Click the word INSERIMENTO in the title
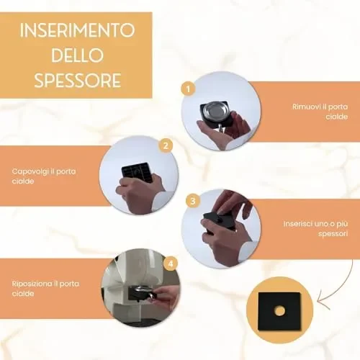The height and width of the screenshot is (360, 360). (x=77, y=30)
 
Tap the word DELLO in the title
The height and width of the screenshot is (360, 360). (x=77, y=55)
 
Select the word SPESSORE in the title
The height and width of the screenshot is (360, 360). (x=78, y=80)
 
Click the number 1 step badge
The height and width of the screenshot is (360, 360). (x=188, y=89)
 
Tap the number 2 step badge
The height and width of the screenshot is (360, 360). (x=166, y=145)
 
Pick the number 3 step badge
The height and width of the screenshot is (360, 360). (x=193, y=201)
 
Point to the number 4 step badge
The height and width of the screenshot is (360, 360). (x=171, y=264)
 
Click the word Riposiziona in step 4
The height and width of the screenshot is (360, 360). (x=32, y=284)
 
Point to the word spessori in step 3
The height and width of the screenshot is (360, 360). (x=333, y=234)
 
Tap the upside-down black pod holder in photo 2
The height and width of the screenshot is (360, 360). (x=138, y=172)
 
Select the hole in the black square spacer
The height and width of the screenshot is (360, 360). (x=279, y=311)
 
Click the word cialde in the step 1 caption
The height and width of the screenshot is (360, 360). (x=337, y=117)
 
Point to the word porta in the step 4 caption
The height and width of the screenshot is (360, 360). (x=69, y=284)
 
